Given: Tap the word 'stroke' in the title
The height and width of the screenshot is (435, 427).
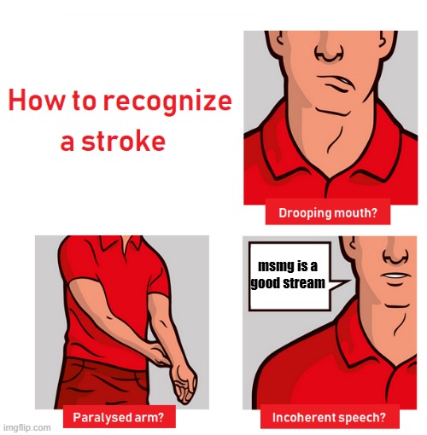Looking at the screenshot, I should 127,141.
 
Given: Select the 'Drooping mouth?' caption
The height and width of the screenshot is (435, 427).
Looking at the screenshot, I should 328,213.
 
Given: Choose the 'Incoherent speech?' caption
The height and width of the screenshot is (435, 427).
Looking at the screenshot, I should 329,418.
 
